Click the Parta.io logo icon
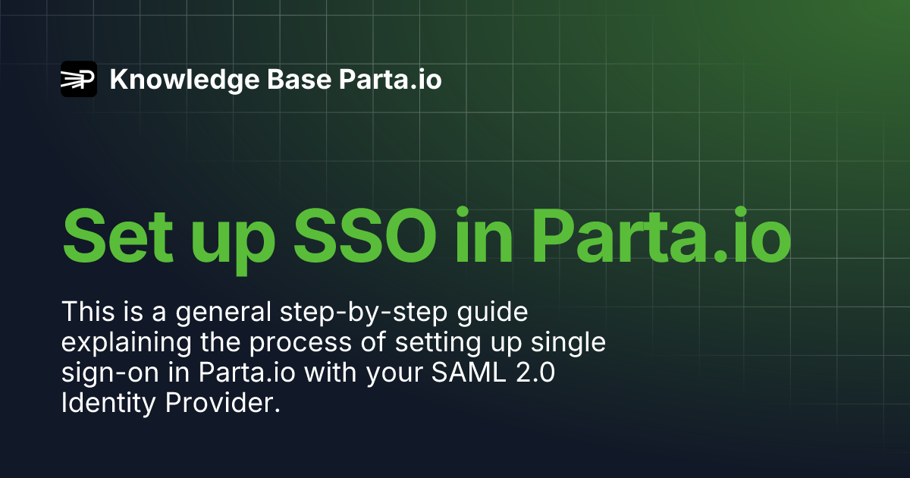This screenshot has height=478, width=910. pyautogui.click(x=78, y=79)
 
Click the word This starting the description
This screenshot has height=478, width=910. pyautogui.click(x=85, y=312)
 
